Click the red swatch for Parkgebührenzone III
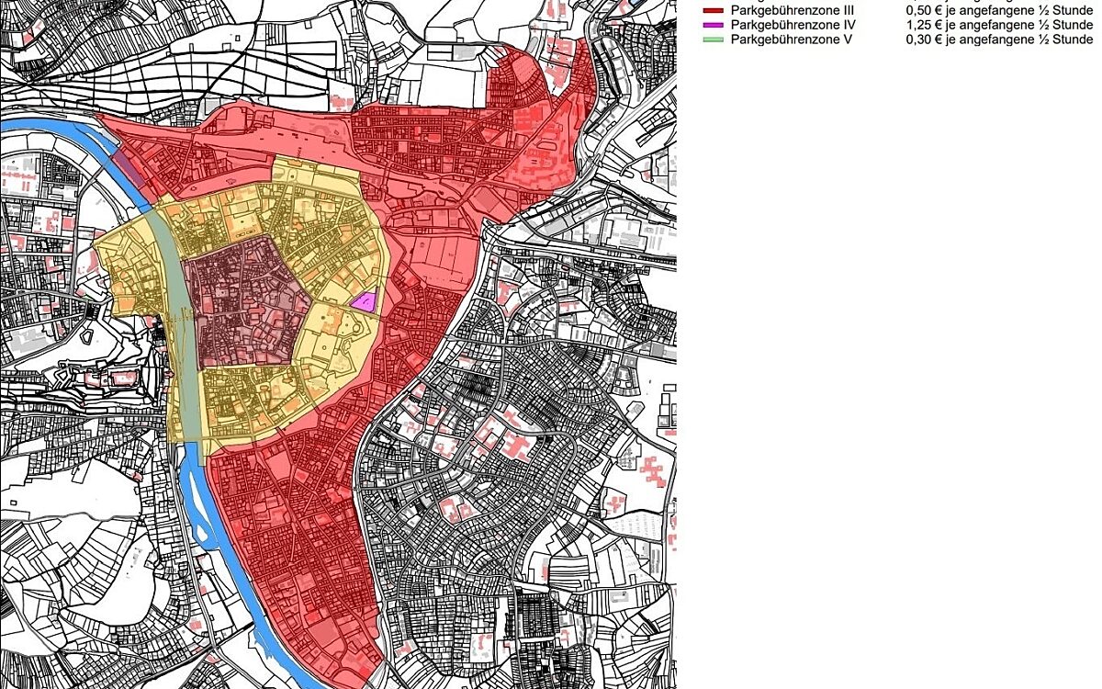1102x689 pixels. [713, 9]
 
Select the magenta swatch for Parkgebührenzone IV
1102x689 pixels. [713, 25]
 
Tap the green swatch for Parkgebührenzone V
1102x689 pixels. [713, 40]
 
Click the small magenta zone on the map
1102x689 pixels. [365, 301]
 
